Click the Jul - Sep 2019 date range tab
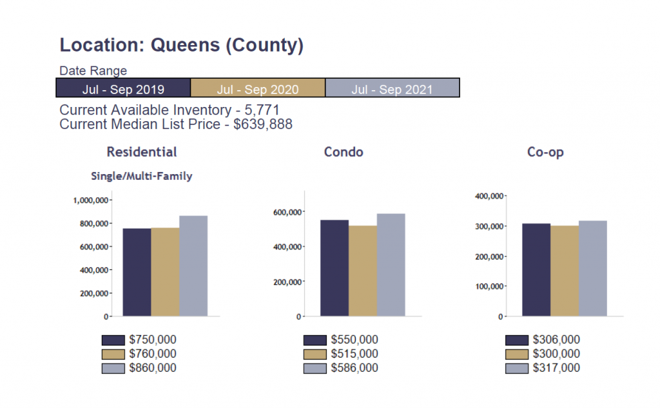[x=123, y=88]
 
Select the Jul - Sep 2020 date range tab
[x=258, y=88]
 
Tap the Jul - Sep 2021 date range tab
[x=392, y=88]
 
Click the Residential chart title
[x=142, y=152]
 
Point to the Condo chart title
[x=344, y=152]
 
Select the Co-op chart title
[x=545, y=153]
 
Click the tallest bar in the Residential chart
[x=193, y=266]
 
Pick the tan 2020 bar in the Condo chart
[x=363, y=271]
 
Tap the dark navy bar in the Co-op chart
[x=536, y=270]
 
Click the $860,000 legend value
[x=153, y=368]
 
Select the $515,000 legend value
[x=354, y=354]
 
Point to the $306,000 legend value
[x=556, y=340]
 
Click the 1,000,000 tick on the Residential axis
[x=90, y=200]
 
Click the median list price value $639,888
[x=263, y=124]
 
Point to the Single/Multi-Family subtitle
[x=142, y=176]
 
